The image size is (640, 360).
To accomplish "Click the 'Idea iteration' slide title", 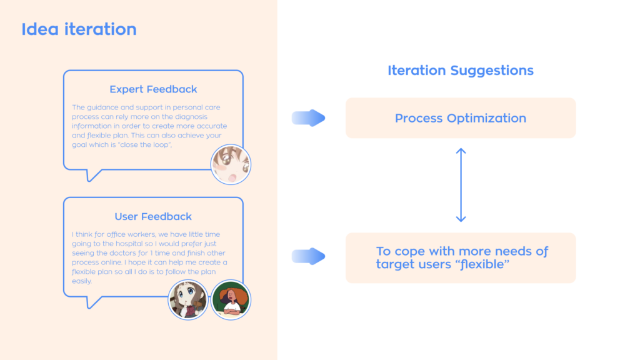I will [79, 29].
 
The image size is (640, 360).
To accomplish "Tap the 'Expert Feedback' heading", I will [153, 89].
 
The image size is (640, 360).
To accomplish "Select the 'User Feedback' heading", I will [153, 217].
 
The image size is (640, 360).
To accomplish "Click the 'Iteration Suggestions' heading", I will [461, 71].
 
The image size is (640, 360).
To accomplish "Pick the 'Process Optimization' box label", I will [461, 118].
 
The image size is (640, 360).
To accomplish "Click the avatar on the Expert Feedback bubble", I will [231, 164].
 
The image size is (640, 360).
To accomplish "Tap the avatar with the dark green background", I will [231, 299].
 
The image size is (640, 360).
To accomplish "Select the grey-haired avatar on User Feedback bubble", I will [188, 299].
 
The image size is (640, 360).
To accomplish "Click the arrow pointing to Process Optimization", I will [309, 117].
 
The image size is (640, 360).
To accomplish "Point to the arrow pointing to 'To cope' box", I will [309, 256].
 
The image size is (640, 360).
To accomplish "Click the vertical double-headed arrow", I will [461, 185].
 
